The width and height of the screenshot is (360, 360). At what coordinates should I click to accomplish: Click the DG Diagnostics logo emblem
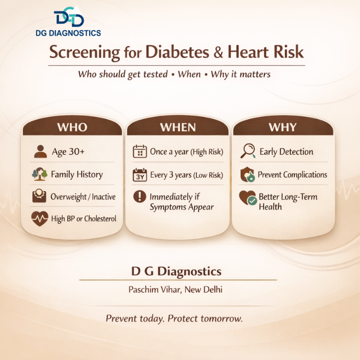coord(68,17)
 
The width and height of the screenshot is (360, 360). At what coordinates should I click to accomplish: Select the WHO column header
coord(72,127)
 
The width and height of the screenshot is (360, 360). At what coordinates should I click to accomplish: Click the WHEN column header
coord(178,127)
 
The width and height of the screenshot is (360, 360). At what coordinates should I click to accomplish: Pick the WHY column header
coord(282,127)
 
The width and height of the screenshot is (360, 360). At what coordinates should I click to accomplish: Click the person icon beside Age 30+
coord(40,151)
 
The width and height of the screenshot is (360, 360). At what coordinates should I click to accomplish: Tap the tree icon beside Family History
coord(40,174)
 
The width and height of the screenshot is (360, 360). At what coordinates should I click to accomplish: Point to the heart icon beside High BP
coord(40,218)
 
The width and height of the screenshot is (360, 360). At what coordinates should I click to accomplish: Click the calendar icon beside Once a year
coord(140,151)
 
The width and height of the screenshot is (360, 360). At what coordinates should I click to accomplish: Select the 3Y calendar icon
coord(140,175)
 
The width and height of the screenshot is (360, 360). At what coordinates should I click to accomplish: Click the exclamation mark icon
coord(140,196)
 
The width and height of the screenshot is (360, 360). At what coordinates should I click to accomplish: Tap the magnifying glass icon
coord(247,151)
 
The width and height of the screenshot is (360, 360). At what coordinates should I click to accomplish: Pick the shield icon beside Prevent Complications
coord(247,175)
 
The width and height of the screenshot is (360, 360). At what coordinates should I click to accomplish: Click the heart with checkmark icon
coord(247,198)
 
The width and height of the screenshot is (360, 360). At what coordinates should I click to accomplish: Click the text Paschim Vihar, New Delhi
coord(175,290)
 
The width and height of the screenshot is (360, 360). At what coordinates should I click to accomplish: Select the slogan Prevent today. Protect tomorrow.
coord(174,319)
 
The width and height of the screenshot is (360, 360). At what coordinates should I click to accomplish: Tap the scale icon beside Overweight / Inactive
coord(40,196)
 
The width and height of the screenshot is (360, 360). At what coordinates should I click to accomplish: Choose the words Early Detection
coord(286,152)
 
